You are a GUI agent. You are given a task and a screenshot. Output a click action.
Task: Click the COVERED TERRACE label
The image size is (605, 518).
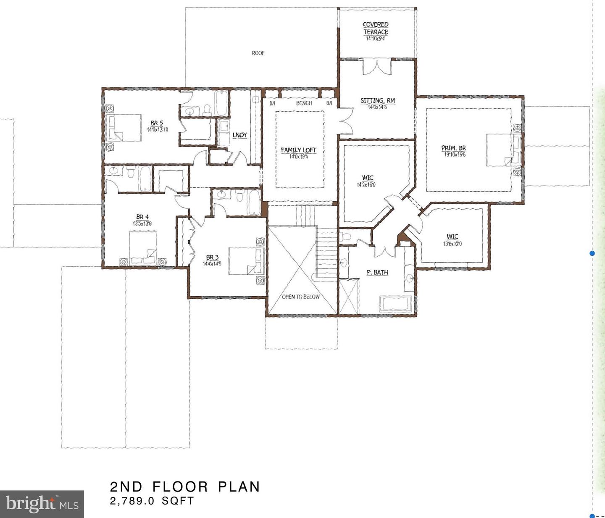(x=376, y=28)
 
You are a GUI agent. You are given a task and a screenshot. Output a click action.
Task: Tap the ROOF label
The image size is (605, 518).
(x=258, y=53)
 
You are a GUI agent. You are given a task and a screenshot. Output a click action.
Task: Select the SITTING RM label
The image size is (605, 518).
(x=377, y=100)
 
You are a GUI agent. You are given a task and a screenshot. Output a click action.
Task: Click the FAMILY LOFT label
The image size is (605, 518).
(x=298, y=150)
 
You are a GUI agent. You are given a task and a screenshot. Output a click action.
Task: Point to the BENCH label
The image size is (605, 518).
(x=304, y=103)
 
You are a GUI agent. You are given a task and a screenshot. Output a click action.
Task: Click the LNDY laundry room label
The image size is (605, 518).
(x=239, y=135)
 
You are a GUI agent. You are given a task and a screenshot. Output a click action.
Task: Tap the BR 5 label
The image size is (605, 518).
(x=157, y=123)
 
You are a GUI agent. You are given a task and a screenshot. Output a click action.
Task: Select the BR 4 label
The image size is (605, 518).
(x=142, y=217)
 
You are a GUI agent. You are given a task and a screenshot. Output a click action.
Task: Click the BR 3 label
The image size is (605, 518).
(x=212, y=257)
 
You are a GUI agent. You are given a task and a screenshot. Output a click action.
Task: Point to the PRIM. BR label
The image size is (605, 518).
(x=453, y=148)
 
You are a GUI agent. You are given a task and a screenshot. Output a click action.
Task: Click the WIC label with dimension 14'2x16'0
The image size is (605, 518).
(x=367, y=178)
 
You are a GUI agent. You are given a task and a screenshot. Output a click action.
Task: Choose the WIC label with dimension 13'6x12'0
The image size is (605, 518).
(x=452, y=237)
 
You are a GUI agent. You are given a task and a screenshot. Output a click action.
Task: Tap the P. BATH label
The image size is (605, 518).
(x=377, y=272)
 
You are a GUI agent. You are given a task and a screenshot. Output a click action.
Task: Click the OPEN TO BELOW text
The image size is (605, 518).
(x=300, y=297)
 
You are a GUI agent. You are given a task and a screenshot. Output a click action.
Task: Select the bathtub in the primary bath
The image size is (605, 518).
(x=396, y=303)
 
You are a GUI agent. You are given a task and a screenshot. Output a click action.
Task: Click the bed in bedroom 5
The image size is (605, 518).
(x=124, y=128)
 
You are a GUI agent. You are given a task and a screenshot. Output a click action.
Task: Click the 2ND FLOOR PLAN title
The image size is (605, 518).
(x=185, y=486)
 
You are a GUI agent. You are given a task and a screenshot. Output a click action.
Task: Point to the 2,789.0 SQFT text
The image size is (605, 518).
(x=152, y=501)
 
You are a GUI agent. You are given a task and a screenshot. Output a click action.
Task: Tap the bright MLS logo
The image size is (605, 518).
(x=42, y=504)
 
